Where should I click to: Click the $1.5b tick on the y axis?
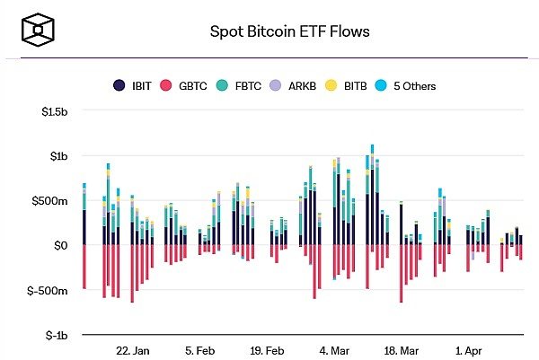pos(54,111)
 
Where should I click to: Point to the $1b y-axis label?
pos(58,156)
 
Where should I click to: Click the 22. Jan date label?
pos(132,350)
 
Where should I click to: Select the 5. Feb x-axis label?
pos(199,350)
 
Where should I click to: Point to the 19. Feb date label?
pos(267,350)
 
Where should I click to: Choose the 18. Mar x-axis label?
pos(401,350)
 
